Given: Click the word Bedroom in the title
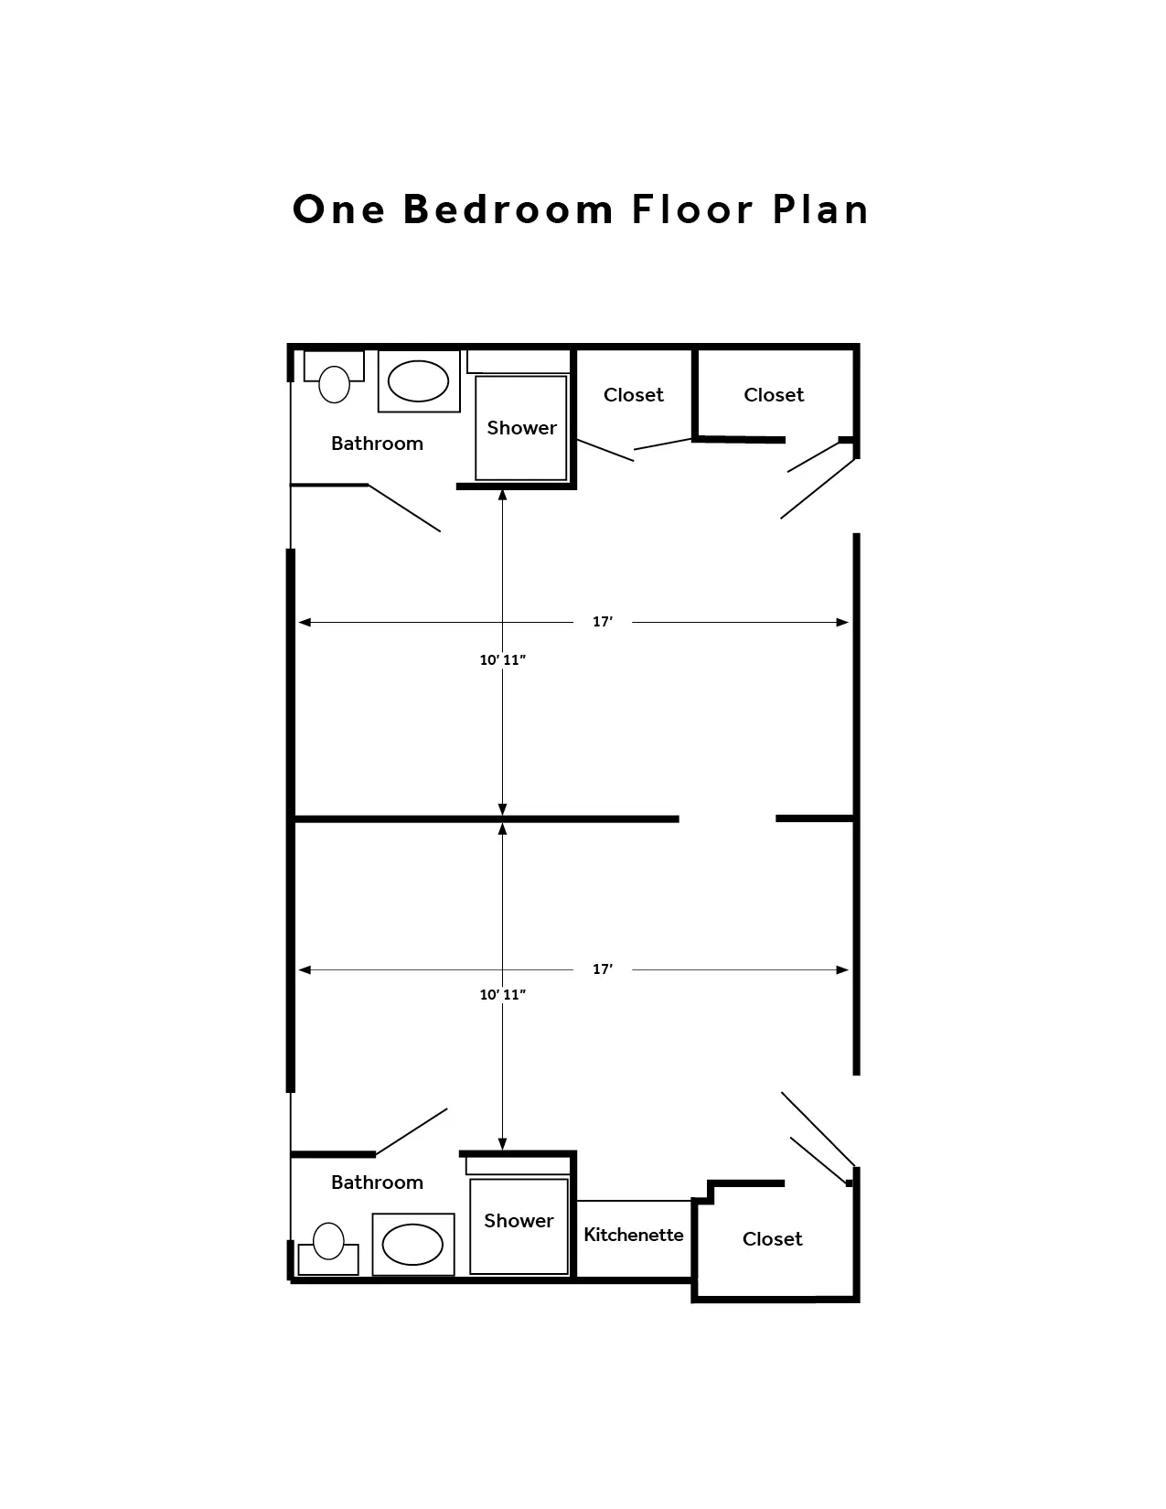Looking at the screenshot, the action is click(508, 209).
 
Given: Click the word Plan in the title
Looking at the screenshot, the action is click(821, 209).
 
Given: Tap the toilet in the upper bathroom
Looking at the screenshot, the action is click(334, 377).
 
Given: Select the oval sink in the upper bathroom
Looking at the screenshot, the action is click(418, 381).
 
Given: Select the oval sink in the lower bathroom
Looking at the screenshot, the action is click(412, 1245).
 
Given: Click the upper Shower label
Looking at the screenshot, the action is click(521, 428).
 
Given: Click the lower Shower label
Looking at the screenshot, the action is click(519, 1221).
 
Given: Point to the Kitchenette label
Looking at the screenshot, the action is click(634, 1235).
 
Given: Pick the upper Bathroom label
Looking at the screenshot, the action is click(377, 443).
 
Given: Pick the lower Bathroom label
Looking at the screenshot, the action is click(377, 1182).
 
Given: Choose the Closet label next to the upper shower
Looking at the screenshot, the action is click(634, 394).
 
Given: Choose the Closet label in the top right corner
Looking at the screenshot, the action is click(774, 394).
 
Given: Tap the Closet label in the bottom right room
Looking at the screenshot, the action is click(772, 1239).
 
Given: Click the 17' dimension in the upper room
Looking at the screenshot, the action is click(603, 622).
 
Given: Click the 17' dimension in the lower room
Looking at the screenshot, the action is click(603, 969).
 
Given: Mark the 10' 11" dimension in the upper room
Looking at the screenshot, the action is click(503, 659).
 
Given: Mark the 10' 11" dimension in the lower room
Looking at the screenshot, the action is click(503, 994).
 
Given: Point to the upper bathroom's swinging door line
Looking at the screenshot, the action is click(404, 508).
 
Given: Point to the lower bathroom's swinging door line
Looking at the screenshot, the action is click(412, 1131).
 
